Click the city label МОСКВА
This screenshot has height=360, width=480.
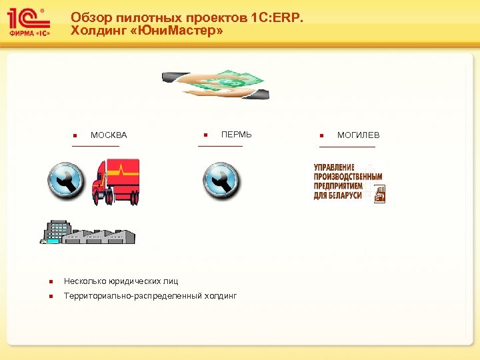109,136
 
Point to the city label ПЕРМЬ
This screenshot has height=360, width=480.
237,135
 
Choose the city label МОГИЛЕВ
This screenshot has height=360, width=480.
358,135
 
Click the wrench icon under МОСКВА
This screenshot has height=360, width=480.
67,180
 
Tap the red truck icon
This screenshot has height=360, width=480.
116,180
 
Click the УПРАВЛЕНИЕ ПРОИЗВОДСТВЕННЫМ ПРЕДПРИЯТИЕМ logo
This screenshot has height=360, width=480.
349,181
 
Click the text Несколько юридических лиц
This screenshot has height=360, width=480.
121,281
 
